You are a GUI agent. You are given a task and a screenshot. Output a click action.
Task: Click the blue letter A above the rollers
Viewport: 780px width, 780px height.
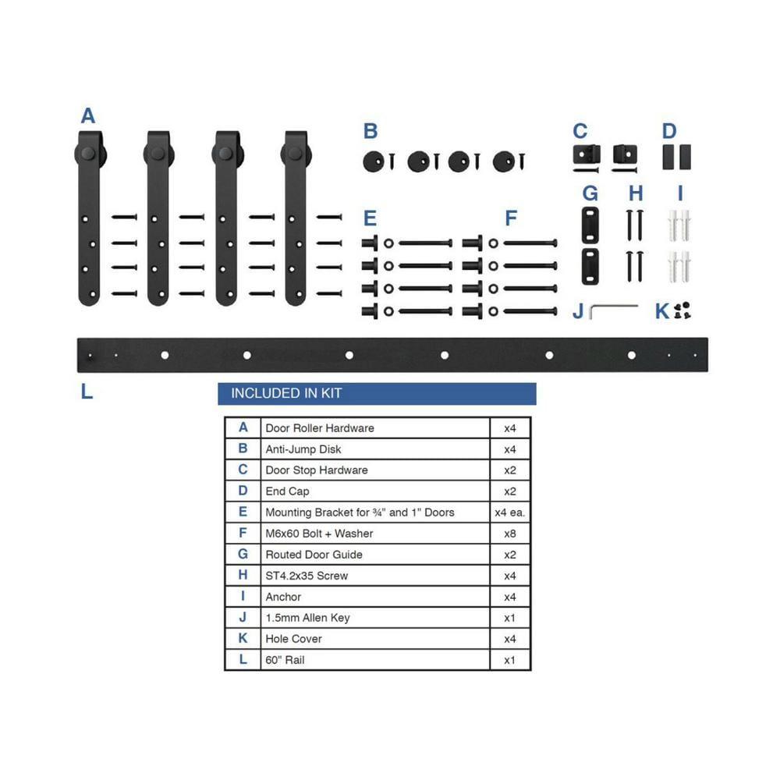point(88,116)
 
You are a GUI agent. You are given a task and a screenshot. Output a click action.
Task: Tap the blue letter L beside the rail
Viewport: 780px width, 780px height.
point(87,392)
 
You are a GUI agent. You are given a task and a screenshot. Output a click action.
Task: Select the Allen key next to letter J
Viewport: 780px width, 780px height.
point(612,310)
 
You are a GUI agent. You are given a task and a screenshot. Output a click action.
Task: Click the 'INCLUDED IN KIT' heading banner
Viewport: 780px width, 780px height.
point(377,394)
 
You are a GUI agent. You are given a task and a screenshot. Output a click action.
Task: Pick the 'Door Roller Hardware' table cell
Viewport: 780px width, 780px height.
point(320,428)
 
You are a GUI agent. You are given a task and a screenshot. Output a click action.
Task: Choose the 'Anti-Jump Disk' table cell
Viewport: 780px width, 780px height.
point(303,449)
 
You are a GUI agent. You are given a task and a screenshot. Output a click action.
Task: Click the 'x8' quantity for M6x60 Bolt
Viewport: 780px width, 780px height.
point(509,534)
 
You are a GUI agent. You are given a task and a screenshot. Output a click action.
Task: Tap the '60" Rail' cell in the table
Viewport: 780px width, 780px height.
point(285,660)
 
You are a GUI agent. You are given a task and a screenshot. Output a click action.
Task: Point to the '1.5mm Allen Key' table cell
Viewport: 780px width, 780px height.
point(307,618)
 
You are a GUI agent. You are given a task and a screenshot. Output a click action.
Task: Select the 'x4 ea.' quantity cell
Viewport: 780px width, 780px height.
point(509,512)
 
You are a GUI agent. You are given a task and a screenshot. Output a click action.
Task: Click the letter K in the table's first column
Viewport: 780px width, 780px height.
point(243,639)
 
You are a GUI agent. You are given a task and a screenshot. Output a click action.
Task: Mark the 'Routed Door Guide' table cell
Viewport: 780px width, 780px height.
point(314,555)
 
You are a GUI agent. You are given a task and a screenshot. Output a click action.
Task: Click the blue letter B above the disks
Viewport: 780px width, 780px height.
point(370,131)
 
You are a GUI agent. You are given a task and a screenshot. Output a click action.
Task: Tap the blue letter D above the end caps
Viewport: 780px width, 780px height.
point(669,131)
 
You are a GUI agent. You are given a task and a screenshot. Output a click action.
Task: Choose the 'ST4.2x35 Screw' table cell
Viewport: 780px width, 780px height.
point(307,576)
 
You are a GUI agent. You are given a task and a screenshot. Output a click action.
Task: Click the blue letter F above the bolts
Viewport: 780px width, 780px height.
point(511,218)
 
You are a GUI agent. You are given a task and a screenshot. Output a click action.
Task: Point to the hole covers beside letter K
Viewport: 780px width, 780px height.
point(683,310)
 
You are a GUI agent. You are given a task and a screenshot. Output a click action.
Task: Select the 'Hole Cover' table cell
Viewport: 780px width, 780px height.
point(293,639)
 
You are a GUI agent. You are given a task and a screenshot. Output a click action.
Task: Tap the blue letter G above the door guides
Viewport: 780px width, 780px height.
point(590,193)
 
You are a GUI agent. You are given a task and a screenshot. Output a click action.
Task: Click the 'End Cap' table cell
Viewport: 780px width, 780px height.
point(287,491)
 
